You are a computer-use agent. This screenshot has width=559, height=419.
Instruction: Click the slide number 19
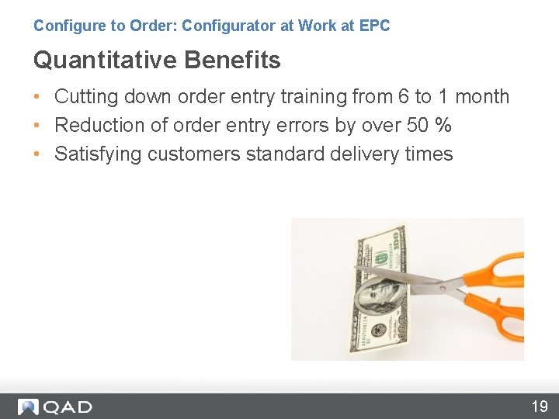(x=539, y=406)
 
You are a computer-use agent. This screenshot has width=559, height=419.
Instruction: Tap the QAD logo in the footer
(x=56, y=407)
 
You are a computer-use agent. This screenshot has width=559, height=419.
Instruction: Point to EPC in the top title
(x=375, y=26)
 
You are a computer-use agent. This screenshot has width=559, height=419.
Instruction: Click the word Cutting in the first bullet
(x=84, y=97)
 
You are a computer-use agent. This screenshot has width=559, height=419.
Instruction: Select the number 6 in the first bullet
(x=401, y=97)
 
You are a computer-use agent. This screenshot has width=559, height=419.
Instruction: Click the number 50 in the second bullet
(x=420, y=125)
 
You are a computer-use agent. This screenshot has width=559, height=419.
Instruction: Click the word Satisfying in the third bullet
(x=98, y=154)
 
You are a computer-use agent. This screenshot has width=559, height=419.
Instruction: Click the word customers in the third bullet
(x=194, y=154)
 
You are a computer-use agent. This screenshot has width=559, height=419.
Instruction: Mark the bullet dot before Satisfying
(x=37, y=154)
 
